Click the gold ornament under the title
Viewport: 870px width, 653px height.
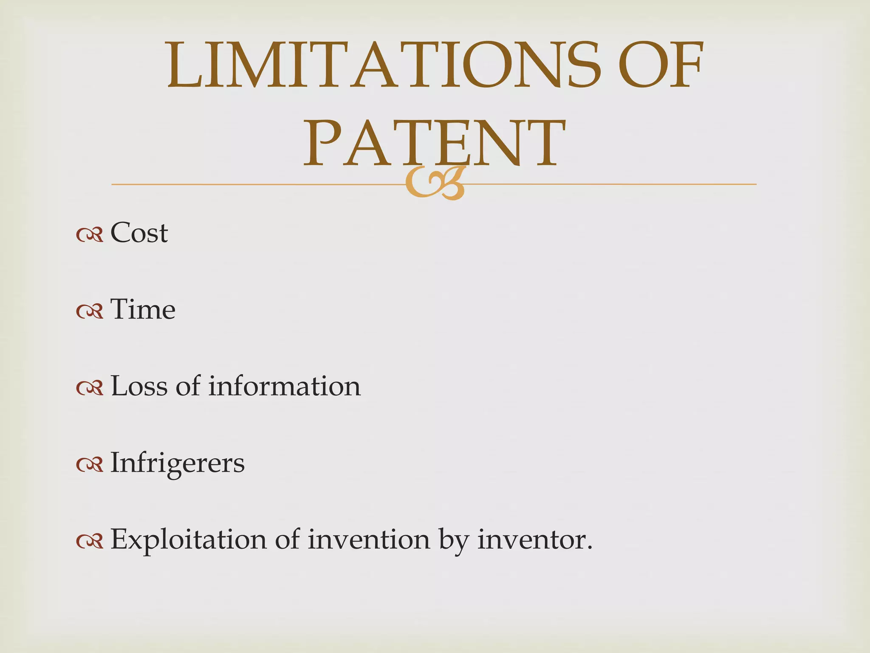tap(434, 184)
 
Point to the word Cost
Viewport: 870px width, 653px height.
tap(139, 233)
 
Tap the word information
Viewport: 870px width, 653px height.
tap(284, 386)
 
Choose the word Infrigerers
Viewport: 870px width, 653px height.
tap(178, 463)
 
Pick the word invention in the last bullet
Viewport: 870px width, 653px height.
tap(369, 539)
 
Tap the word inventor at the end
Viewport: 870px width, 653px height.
tap(534, 539)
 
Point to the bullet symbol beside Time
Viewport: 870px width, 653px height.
tap(90, 311)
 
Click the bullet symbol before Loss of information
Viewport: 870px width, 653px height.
tap(90, 388)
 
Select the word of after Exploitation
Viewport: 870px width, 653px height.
tap(287, 539)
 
